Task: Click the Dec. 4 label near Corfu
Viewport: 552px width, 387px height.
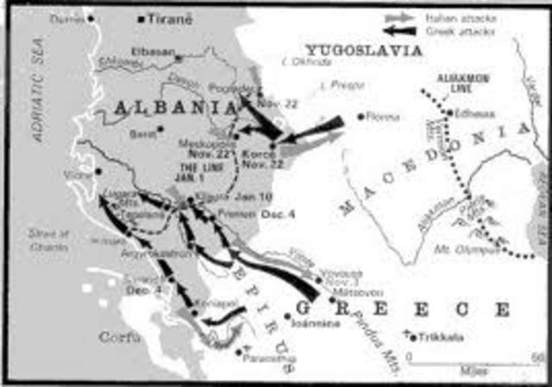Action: click(138, 290)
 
